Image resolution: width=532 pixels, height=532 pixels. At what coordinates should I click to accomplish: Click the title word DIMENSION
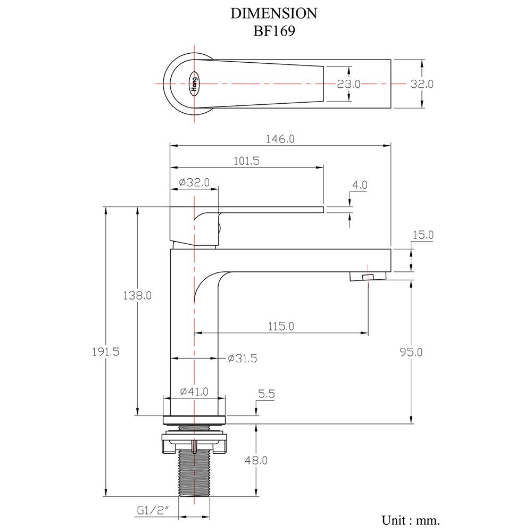coord(274,13)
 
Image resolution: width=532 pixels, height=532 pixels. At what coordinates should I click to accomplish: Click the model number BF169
coord(274,30)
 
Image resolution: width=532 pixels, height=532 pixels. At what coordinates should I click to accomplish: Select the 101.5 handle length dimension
coord(246,161)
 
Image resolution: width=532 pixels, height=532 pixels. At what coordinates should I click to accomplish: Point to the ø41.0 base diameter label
coord(194,392)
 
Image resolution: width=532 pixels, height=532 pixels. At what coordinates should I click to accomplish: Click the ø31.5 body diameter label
coord(243,359)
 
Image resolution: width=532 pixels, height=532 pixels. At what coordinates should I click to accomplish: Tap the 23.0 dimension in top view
coord(349,84)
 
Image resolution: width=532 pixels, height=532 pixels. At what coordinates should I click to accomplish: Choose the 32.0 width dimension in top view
coord(422,84)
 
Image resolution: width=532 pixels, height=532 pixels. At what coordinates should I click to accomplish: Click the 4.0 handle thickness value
coord(360,185)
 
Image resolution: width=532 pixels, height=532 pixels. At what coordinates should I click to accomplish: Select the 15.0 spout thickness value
coord(423,235)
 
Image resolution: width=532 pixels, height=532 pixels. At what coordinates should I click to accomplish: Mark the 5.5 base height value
coord(266,394)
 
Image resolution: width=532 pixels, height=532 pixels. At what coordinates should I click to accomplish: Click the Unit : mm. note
coord(410,519)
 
